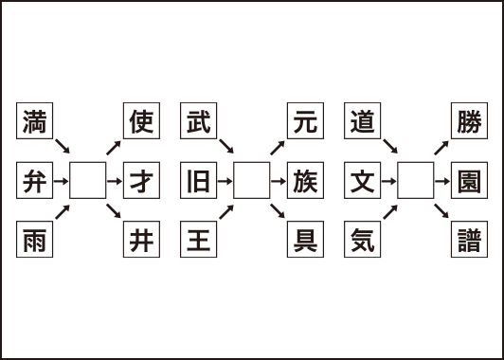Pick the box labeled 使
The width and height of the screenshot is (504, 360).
coord(140,121)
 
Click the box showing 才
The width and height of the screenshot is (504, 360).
coord(140,180)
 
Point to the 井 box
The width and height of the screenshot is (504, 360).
coord(140,239)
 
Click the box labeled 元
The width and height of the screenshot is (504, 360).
coord(303,121)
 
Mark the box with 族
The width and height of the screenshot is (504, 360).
coord(303,180)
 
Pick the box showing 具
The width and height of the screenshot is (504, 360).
coord(303,239)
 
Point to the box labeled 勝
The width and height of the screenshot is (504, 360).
coord(467,121)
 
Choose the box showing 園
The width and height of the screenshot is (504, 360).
coord(467,180)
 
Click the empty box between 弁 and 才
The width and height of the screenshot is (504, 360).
coord(87,180)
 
